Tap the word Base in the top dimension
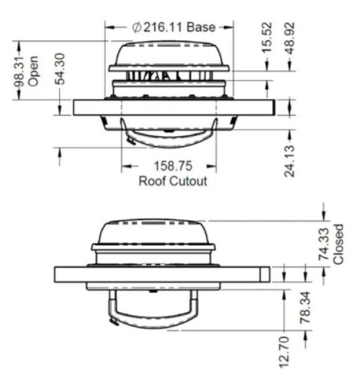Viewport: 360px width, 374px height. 201,27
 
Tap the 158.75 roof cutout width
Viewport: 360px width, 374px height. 169,166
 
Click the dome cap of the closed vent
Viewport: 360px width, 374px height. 153,234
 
